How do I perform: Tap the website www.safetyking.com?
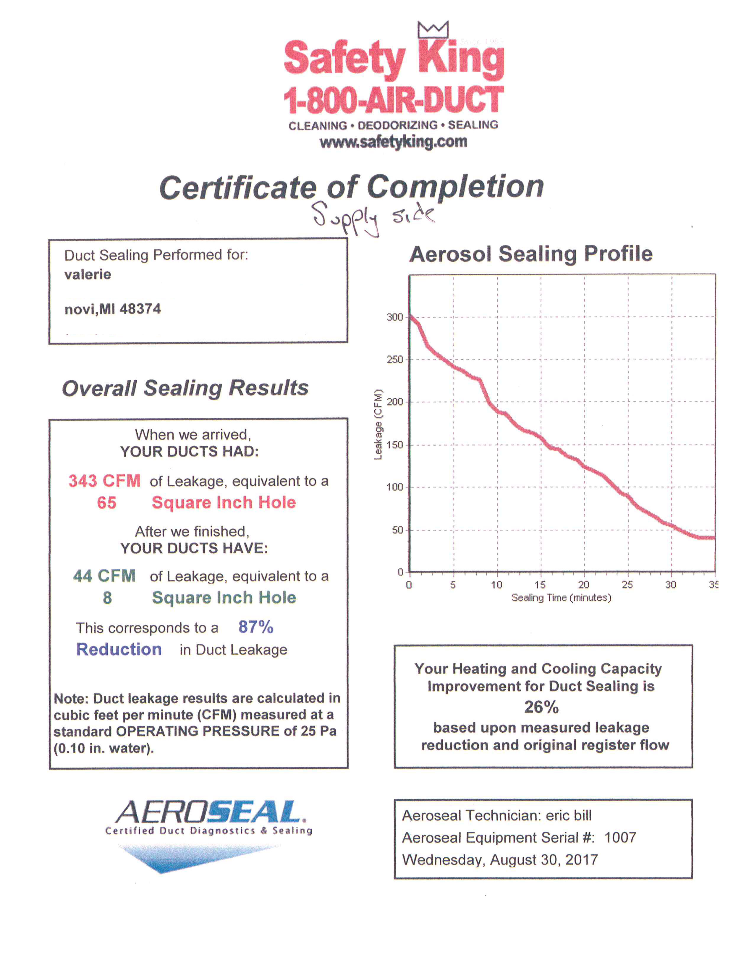click(393, 142)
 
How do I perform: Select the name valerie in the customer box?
click(88, 274)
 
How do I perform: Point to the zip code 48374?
click(140, 309)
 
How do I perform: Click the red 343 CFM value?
click(104, 481)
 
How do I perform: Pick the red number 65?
click(107, 503)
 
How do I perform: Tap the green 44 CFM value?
click(104, 576)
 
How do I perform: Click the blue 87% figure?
click(255, 627)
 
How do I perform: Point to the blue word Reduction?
click(119, 649)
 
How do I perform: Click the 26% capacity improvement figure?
click(541, 707)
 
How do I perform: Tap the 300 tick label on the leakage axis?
click(394, 317)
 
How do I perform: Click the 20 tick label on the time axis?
click(583, 584)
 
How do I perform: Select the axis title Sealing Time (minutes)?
click(561, 598)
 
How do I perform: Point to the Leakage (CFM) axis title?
click(378, 424)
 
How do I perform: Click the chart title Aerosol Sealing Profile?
click(531, 254)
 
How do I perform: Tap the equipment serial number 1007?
click(620, 838)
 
